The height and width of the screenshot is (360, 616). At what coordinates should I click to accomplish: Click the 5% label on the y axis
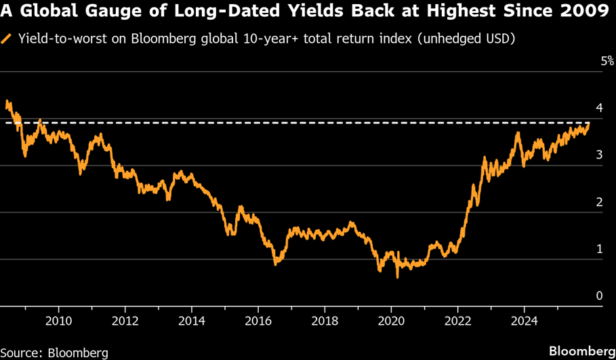click(607, 62)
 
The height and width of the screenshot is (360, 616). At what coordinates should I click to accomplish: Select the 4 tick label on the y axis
click(598, 108)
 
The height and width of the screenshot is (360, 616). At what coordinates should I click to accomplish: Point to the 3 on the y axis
click(598, 155)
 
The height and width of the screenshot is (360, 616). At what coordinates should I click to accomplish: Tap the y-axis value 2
click(598, 202)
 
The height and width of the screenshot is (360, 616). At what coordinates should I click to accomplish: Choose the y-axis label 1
click(598, 249)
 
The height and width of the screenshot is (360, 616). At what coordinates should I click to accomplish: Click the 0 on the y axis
click(598, 296)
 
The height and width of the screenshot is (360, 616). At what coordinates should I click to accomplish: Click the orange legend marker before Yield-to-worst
click(7, 39)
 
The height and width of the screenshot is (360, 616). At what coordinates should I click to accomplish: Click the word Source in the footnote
click(21, 353)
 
